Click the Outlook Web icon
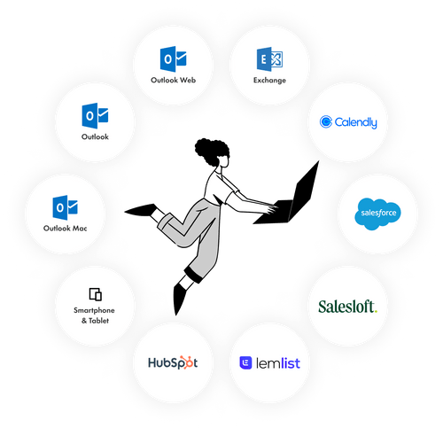click(x=173, y=58)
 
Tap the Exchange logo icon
click(x=269, y=59)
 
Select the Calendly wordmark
click(x=355, y=122)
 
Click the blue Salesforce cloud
click(x=377, y=214)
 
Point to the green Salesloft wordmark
click(x=348, y=307)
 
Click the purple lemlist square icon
click(x=245, y=362)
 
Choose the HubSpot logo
click(x=173, y=362)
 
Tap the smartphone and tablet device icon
click(x=96, y=294)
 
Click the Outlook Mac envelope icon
click(x=65, y=207)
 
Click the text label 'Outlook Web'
click(x=173, y=80)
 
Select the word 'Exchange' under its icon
click(x=269, y=81)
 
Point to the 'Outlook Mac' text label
click(x=65, y=228)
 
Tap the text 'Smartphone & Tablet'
click(x=95, y=315)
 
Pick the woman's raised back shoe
click(x=141, y=209)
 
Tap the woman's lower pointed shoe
click(x=179, y=299)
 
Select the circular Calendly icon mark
click(x=326, y=121)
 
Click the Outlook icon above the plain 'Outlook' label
click(x=95, y=115)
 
